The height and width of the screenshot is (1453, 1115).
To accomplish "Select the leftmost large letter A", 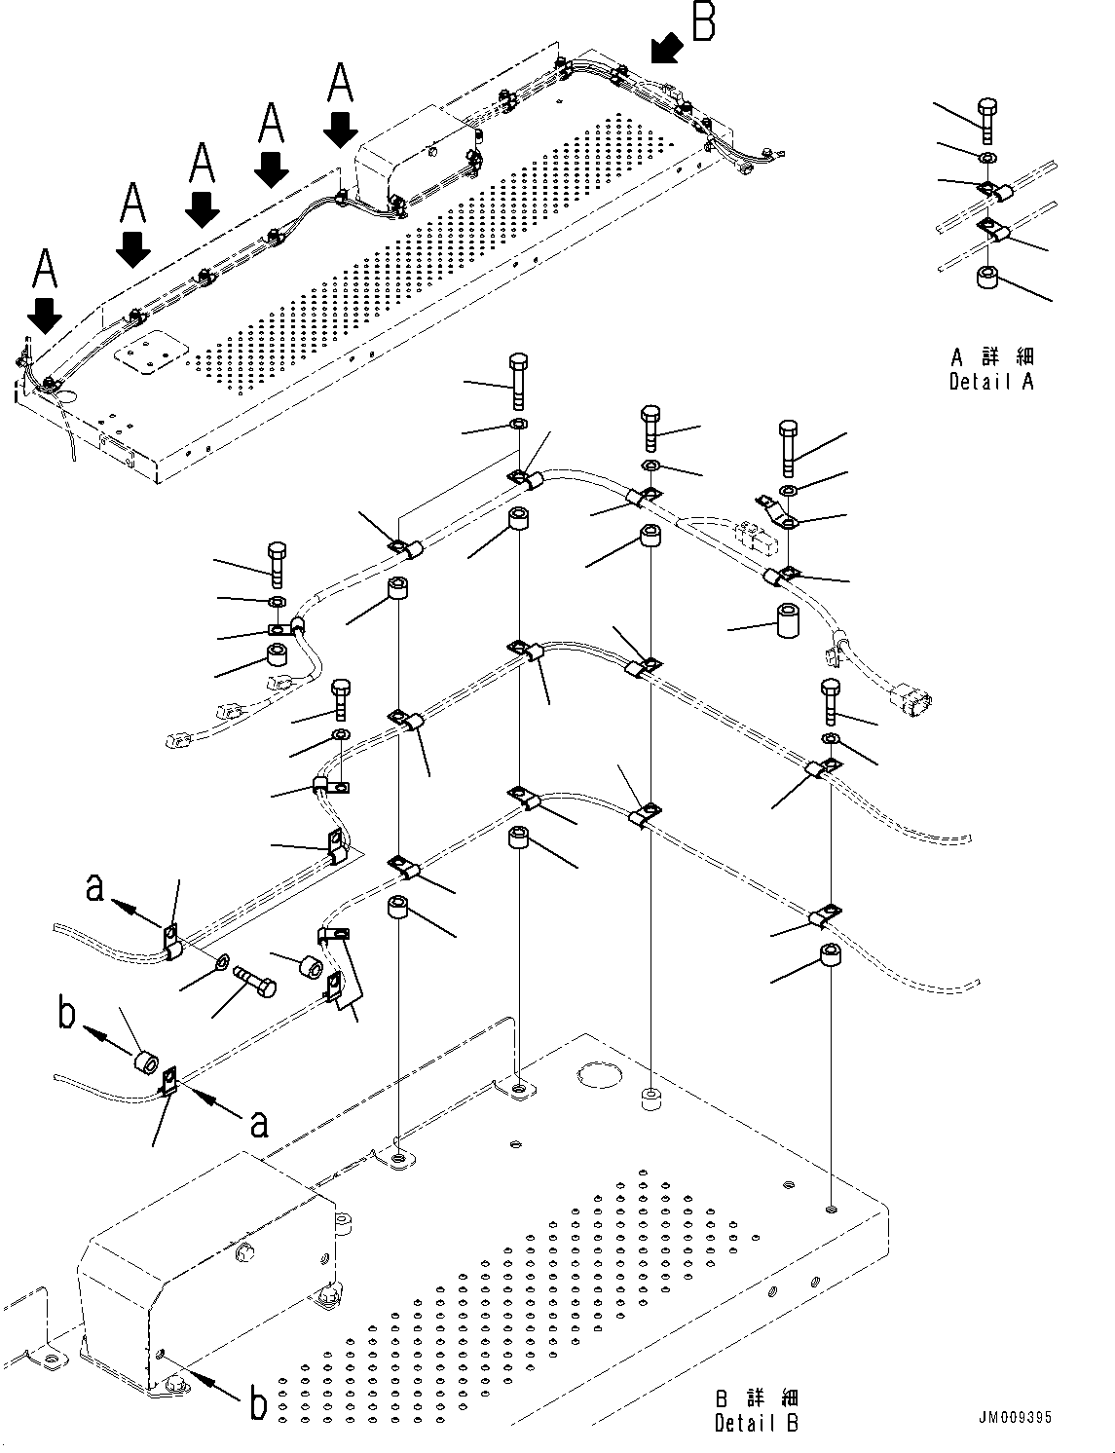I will click(x=45, y=270).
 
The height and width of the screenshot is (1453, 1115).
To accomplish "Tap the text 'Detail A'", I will click(x=991, y=383).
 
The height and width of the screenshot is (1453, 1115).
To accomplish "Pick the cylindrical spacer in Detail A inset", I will click(x=987, y=278).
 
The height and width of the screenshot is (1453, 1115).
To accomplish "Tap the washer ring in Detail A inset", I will click(x=987, y=157).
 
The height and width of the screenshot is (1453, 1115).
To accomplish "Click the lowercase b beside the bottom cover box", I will click(x=257, y=1402).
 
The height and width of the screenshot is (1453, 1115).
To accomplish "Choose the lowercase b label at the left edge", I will click(x=66, y=1013).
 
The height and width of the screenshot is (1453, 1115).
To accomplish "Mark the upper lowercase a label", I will click(x=94, y=888).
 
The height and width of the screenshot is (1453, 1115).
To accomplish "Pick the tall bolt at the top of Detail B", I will click(x=518, y=381).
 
